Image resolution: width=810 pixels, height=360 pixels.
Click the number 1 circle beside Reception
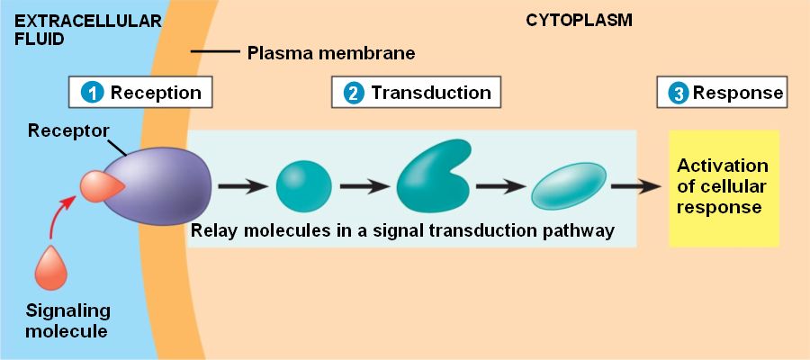pos(91,93)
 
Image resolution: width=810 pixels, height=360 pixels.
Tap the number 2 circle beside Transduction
pos(355,93)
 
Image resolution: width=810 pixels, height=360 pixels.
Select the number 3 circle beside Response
pos(679,93)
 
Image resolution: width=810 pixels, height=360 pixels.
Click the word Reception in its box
pos(156,93)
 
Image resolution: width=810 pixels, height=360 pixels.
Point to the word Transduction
pos(431,93)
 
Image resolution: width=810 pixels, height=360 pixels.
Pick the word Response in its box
pos(738,93)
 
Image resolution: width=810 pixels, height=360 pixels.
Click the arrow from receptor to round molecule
pos(242,186)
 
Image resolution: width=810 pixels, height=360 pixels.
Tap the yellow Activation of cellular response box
pos(723,187)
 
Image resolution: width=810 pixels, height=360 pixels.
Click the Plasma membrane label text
pos(331,53)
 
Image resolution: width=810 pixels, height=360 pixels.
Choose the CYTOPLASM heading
pos(579,21)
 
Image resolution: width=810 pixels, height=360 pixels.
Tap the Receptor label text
pos(68,130)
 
